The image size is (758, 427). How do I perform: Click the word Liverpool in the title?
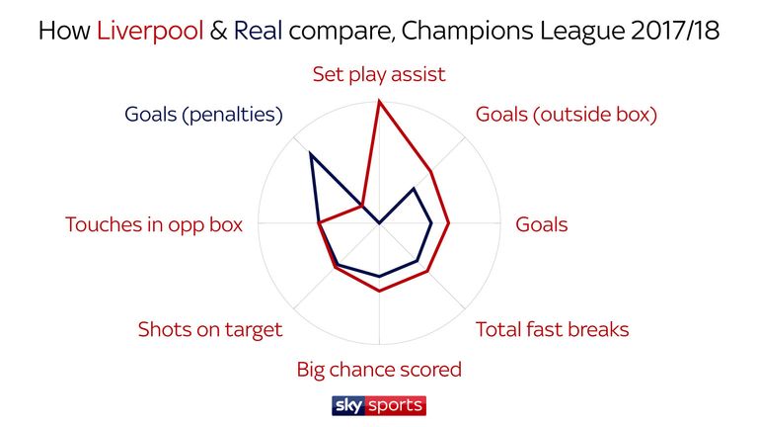pos(150,32)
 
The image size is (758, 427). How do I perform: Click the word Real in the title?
pos(259,31)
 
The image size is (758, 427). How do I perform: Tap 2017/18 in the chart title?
pos(675,31)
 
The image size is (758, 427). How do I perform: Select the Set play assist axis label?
pos(379,75)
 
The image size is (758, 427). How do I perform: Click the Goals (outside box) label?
pos(567,115)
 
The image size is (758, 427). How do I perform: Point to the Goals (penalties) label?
pos(203,115)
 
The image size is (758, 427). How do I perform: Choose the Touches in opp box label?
pos(154,225)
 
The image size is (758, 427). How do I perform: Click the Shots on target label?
pos(210,330)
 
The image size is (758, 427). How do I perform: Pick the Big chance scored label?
pos(379,370)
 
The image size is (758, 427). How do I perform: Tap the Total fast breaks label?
pos(552,330)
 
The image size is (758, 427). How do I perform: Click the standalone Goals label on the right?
pos(542,224)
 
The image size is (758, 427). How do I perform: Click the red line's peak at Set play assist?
pos(379,101)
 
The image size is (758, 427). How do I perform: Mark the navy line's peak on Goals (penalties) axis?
pos(310,153)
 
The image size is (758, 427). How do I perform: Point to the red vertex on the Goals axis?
pos(449,223)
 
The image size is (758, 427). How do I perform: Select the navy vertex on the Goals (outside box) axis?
pos(414,189)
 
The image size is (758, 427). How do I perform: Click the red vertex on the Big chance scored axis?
pos(379,291)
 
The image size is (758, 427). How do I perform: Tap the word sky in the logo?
pos(348,405)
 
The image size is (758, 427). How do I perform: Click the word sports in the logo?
pos(396,406)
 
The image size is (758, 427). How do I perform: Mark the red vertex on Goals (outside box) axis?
pos(430,171)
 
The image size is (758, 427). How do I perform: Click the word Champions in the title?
pos(468,32)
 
